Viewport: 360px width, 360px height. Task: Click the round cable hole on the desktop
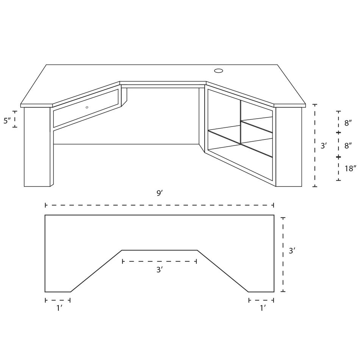coord(219,70)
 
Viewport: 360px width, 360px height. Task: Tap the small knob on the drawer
coord(87,107)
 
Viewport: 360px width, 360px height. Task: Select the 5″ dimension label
coord(7,121)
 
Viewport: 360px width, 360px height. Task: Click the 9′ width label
coord(160,193)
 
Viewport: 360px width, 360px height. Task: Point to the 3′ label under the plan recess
coord(160,270)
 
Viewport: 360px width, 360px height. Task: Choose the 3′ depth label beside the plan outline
coord(292,251)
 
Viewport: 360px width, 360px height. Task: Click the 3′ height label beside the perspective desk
coord(324,146)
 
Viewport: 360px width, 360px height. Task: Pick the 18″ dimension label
coord(351,169)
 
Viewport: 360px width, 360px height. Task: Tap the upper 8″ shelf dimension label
coord(348,123)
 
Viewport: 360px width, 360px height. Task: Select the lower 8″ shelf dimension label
coord(348,146)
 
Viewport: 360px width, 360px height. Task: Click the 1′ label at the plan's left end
coord(59,308)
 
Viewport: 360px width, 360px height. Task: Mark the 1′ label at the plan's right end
coord(262,308)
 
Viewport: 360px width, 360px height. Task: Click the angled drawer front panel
coord(86,108)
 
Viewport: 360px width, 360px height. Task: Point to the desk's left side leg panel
coord(37,147)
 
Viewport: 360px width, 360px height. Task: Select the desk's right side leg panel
coord(289,147)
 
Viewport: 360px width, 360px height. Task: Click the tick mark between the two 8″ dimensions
coord(338,133)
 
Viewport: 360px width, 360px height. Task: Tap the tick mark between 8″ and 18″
coord(338,157)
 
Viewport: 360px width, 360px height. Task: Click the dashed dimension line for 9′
coord(160,205)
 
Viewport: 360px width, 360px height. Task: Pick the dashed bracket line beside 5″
coord(15,119)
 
